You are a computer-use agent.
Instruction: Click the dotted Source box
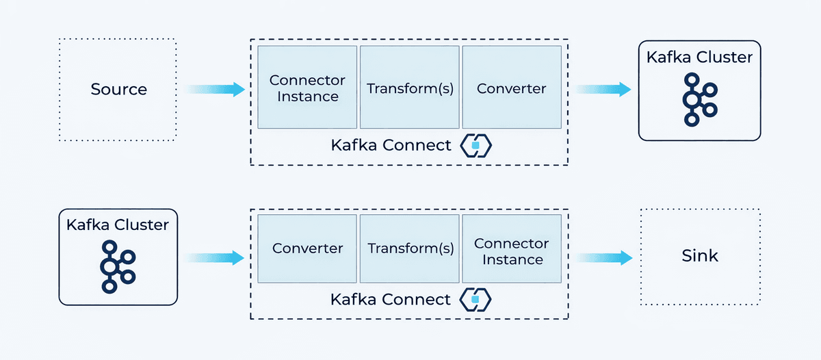click(x=118, y=90)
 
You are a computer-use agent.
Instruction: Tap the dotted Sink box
click(x=699, y=256)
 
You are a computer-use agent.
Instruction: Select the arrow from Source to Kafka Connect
click(x=215, y=89)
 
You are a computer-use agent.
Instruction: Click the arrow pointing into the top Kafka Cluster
click(x=602, y=89)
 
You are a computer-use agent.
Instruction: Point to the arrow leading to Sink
click(x=602, y=257)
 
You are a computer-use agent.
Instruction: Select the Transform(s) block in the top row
click(x=409, y=88)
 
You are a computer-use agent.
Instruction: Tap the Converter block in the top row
click(x=512, y=88)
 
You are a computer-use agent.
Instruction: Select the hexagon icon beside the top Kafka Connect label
click(x=477, y=145)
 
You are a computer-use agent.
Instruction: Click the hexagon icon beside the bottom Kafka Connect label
click(x=477, y=300)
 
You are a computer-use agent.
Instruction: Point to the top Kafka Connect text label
click(x=391, y=145)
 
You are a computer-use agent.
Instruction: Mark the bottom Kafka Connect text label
click(x=391, y=300)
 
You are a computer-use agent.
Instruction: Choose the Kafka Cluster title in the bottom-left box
click(x=118, y=224)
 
